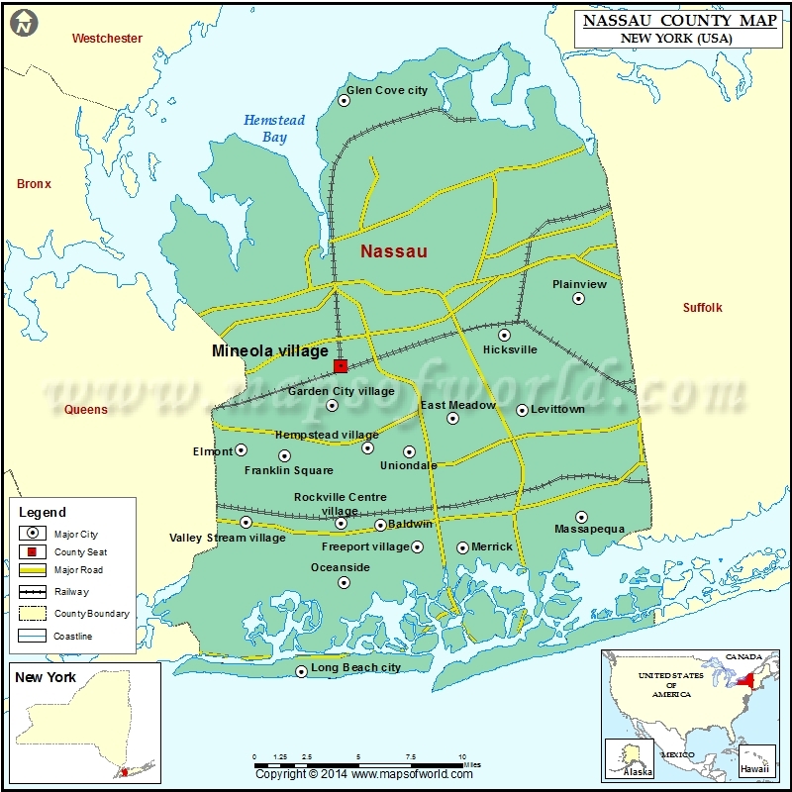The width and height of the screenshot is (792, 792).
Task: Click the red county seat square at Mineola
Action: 341,365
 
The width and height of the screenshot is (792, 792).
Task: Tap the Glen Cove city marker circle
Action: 346,99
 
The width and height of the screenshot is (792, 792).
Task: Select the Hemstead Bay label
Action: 274,129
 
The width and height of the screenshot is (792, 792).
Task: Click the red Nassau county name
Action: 394,251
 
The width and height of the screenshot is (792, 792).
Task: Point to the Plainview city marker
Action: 579,299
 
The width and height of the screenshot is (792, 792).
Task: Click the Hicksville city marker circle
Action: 504,335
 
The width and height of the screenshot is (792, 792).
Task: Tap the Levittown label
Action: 557,409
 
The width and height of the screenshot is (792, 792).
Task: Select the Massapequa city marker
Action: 582,517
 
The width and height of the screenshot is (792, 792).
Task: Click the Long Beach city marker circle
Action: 302,671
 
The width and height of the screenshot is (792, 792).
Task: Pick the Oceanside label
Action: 341,567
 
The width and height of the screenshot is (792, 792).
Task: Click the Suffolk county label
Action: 702,308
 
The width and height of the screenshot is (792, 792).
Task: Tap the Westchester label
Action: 107,39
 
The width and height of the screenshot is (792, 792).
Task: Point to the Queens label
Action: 86,409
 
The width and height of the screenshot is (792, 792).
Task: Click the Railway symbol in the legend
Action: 33,592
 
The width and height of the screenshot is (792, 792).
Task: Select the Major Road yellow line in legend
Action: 33,570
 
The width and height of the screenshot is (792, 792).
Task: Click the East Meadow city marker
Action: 452,418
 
